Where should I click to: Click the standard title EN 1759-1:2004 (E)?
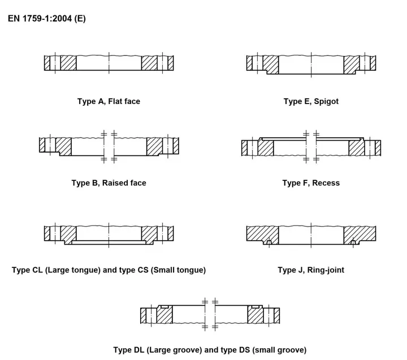click(x=47, y=19)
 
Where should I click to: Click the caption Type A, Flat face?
click(x=109, y=101)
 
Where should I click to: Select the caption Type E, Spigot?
click(x=311, y=101)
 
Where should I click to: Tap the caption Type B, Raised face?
click(x=109, y=183)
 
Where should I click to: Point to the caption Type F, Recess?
click(x=311, y=183)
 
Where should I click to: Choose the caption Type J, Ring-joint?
click(x=311, y=270)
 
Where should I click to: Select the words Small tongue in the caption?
click(x=177, y=270)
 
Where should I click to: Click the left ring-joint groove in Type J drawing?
click(x=269, y=242)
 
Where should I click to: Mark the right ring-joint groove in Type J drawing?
click(x=353, y=242)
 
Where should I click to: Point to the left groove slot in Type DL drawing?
click(x=165, y=307)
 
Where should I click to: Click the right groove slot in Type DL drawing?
click(x=256, y=307)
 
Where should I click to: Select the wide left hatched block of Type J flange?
click(x=262, y=235)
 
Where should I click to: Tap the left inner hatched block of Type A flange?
click(x=68, y=63)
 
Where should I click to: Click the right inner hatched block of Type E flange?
click(x=352, y=64)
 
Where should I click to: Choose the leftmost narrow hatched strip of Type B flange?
click(x=42, y=145)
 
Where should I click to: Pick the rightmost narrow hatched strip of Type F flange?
click(x=378, y=148)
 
